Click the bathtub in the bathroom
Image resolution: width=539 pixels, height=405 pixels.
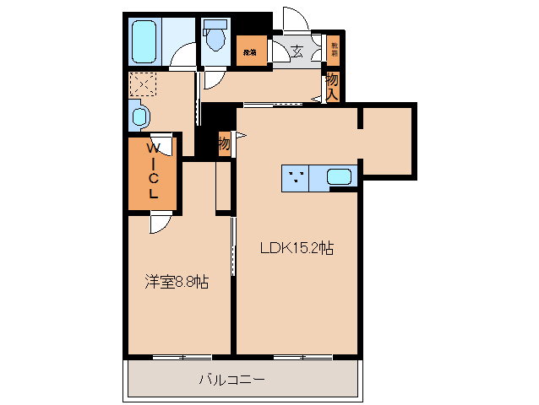143,40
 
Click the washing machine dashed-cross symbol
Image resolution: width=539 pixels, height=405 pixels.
143,84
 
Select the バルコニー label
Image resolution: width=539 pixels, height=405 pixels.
231,380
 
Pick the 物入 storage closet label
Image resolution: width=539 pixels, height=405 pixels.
333,85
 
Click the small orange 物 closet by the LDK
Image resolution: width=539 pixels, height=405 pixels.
224,143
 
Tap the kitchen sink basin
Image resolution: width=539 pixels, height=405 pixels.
340,177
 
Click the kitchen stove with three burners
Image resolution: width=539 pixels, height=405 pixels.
296,177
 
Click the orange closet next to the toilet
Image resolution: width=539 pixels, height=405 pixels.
251,51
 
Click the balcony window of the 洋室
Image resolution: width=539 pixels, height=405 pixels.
182,356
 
